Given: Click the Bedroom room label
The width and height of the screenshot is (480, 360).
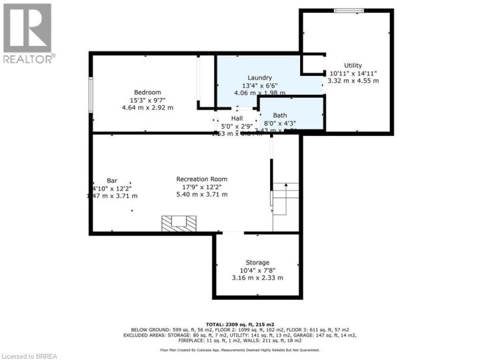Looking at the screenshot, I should (x=147, y=92).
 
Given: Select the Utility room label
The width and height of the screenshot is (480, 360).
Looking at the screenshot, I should (x=353, y=65).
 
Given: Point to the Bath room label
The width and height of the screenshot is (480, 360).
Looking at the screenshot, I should (x=280, y=115).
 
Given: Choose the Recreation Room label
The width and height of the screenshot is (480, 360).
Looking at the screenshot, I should (x=201, y=179).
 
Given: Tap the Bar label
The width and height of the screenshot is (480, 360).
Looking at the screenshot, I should (x=111, y=180).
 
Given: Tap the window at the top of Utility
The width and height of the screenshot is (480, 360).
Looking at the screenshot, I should (x=349, y=10).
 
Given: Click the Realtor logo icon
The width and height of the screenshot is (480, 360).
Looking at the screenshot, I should (x=27, y=28).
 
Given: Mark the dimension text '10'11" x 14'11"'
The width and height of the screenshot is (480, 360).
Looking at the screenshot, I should (x=353, y=73).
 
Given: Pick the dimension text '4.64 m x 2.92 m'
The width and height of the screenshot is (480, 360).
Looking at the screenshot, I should (x=147, y=107).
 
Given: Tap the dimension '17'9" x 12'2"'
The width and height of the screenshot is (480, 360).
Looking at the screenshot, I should (x=201, y=187).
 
